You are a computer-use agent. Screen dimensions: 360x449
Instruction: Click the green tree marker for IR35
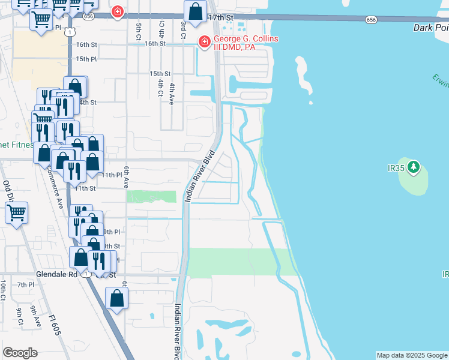click(414, 166)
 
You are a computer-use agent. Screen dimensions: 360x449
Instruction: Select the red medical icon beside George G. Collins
click(204, 41)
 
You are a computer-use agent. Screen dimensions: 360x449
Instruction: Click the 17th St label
click(220, 19)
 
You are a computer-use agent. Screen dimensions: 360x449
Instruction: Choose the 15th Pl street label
click(86, 59)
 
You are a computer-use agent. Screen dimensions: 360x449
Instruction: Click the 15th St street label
click(160, 73)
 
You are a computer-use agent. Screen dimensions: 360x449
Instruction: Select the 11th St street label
click(86, 188)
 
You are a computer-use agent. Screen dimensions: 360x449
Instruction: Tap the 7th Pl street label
click(26, 285)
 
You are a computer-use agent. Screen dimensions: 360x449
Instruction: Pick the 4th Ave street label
click(172, 94)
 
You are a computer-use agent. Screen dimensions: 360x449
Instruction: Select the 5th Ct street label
click(138, 28)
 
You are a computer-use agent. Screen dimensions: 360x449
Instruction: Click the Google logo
click(20, 353)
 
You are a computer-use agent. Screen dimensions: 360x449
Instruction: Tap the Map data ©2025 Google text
click(412, 355)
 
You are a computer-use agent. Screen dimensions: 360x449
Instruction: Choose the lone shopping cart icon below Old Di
click(16, 212)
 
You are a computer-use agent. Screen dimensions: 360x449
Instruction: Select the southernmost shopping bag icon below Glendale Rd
click(116, 298)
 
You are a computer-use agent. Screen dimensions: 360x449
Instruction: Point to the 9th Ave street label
click(36, 316)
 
